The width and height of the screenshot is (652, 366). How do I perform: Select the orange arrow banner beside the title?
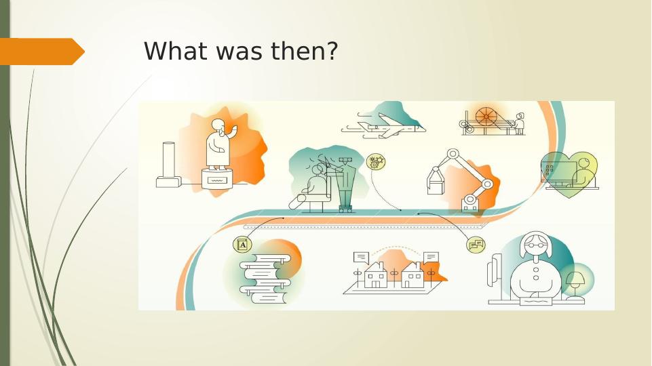(x=42, y=52)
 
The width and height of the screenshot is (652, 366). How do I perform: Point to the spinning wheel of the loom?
(x=485, y=117)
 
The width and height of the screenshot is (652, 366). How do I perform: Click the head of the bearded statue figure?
(x=218, y=127)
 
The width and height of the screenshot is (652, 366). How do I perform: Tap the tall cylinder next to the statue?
(x=169, y=159)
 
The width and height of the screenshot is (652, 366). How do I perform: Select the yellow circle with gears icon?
(x=375, y=161)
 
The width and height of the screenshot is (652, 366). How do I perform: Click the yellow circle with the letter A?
(x=242, y=245)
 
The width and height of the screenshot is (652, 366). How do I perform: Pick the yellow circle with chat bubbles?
(x=476, y=244)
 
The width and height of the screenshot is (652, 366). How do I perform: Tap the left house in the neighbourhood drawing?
(x=375, y=275)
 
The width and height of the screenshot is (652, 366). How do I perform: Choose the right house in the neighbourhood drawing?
(x=413, y=275)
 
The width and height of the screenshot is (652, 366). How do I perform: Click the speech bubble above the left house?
(x=361, y=258)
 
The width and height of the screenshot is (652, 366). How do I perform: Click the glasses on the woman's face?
(x=535, y=245)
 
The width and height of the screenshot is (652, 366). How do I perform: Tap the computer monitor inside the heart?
(x=559, y=171)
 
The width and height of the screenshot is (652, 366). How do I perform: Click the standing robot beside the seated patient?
(x=345, y=184)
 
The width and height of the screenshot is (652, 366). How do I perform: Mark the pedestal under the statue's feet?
(x=216, y=178)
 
